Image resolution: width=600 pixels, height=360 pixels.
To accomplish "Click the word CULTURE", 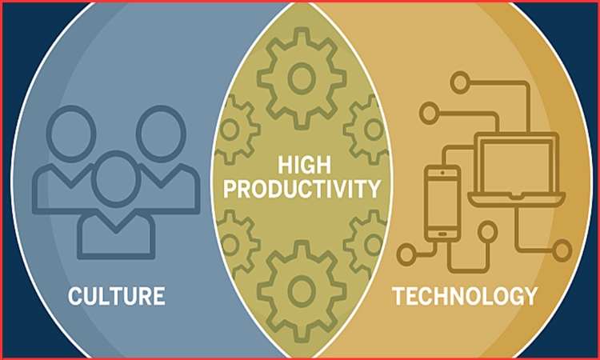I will (117, 296).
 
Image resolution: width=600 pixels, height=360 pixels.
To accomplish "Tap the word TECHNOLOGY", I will (464, 296).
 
